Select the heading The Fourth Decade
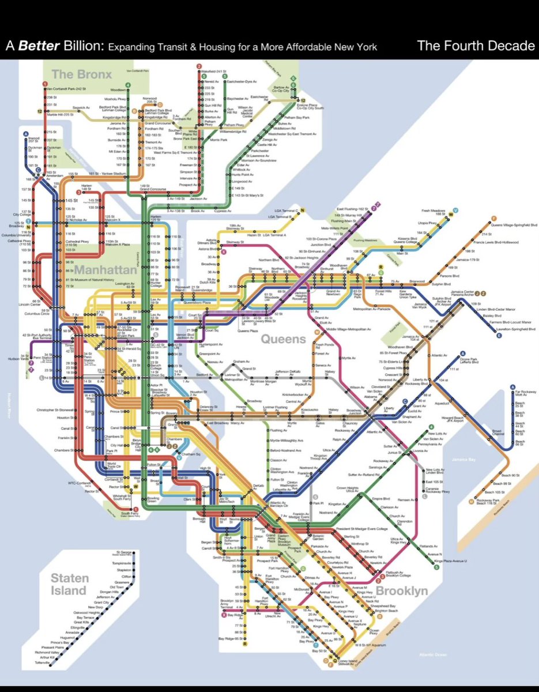click(475, 46)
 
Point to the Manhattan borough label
click(105, 270)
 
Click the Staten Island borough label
click(69, 584)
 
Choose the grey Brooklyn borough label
click(402, 591)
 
